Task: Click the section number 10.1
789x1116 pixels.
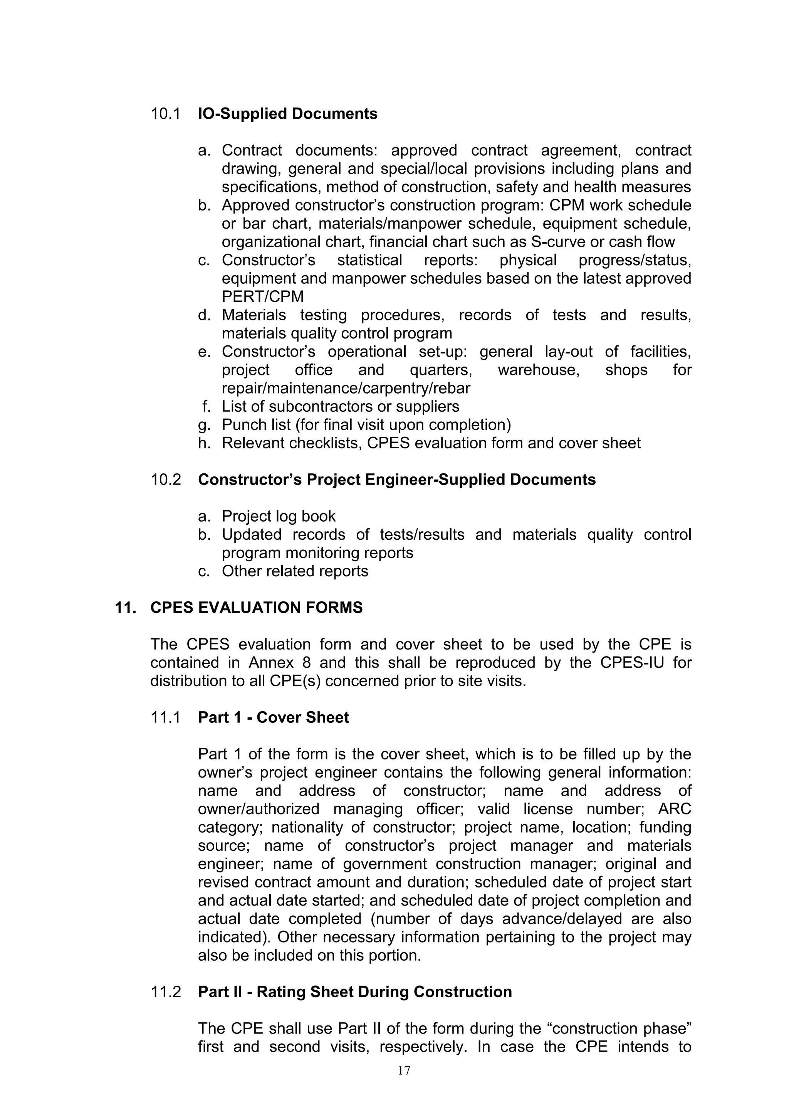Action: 165,114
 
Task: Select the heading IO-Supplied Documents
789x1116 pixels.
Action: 288,114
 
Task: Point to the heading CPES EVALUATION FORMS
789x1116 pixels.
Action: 257,608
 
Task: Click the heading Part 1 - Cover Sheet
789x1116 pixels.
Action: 274,718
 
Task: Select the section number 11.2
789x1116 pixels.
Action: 165,992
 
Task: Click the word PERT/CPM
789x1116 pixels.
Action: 262,297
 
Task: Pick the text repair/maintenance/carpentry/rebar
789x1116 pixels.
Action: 346,388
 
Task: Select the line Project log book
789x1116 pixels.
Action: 279,517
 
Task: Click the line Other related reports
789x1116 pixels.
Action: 295,572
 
